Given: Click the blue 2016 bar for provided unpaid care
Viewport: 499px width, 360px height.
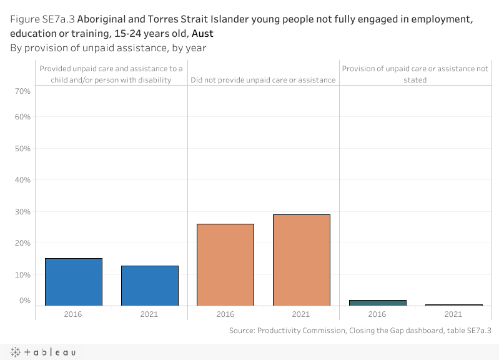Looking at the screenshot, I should (x=74, y=282).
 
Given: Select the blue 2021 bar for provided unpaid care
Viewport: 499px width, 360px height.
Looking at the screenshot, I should (x=150, y=286).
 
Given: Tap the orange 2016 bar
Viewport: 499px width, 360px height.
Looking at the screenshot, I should (x=225, y=264).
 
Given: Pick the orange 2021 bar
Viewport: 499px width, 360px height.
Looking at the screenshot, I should (x=301, y=260).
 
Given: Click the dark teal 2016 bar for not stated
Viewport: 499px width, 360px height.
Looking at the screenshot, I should (x=377, y=302).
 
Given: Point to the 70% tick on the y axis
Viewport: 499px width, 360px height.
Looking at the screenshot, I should (x=22, y=91).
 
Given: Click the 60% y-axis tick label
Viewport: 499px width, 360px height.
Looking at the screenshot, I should (x=22, y=117).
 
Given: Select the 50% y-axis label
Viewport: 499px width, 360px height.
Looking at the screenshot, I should (x=22, y=149).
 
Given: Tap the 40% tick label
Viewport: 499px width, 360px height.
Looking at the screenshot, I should (x=22, y=180).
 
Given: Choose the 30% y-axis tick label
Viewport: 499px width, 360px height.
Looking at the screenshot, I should (x=22, y=212).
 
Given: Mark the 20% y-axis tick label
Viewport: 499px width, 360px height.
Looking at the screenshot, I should (x=22, y=243).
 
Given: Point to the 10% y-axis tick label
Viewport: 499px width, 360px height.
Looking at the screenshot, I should (x=22, y=275).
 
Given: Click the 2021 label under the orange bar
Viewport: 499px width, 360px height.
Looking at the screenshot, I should (x=301, y=314).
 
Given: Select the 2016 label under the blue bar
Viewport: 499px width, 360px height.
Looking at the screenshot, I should (x=74, y=314).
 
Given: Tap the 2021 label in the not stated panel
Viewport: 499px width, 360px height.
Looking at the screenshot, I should (x=453, y=314).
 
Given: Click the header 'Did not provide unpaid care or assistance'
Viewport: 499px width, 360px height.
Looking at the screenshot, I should (x=263, y=80).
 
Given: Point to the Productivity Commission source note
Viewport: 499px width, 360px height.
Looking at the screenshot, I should (x=360, y=330).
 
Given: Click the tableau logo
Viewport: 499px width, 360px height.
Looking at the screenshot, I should (x=42, y=352).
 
